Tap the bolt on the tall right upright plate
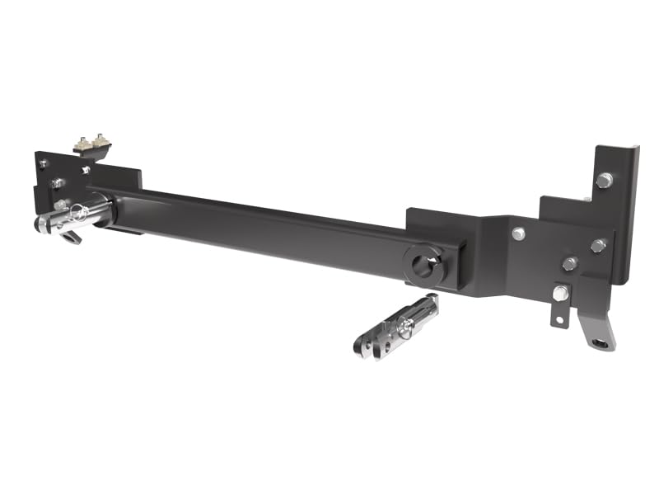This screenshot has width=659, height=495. click(605, 180)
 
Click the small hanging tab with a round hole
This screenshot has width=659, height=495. click(559, 317)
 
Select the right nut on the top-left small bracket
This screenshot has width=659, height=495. click(101, 139)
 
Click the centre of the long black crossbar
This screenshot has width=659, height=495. click(264, 227)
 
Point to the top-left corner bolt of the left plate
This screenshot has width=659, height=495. click(42, 163)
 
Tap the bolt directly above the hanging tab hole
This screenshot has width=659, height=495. click(561, 293)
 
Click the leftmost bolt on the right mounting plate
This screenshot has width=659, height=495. click(518, 233)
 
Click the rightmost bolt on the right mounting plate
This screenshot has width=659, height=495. click(599, 245)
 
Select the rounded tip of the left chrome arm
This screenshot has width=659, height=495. click(41, 224)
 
